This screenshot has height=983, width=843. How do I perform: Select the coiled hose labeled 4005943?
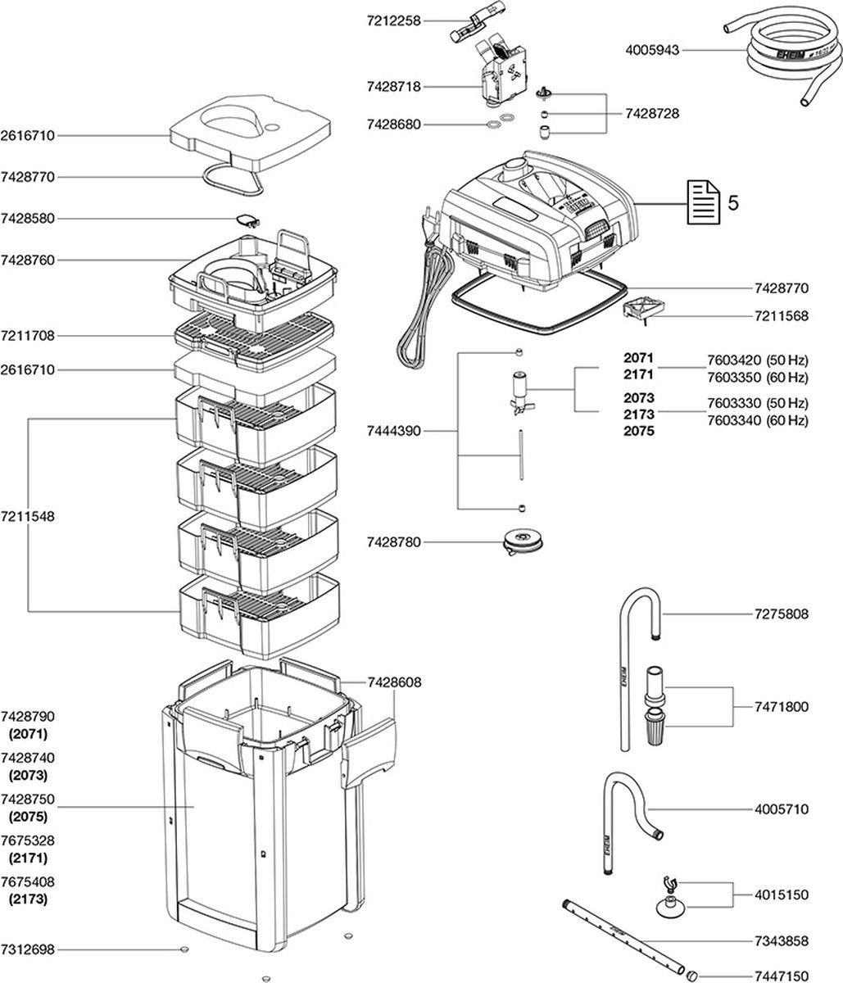pos(774,61)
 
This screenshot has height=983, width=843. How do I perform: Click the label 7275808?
pos(781,614)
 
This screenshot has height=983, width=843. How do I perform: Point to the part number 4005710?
pos(781,809)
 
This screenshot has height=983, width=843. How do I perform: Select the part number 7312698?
pos(28,950)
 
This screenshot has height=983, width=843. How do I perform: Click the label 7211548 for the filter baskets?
pos(28,517)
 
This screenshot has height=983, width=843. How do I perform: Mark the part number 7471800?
pos(781,706)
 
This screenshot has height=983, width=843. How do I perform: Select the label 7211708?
pos(28,336)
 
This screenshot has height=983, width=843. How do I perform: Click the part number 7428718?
pos(394,85)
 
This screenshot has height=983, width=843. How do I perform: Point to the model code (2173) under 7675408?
pos(28,899)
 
